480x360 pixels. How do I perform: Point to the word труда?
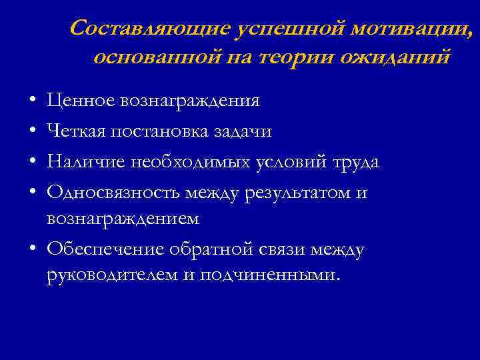tap(357, 162)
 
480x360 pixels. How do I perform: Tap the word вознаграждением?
tap(123, 218)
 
